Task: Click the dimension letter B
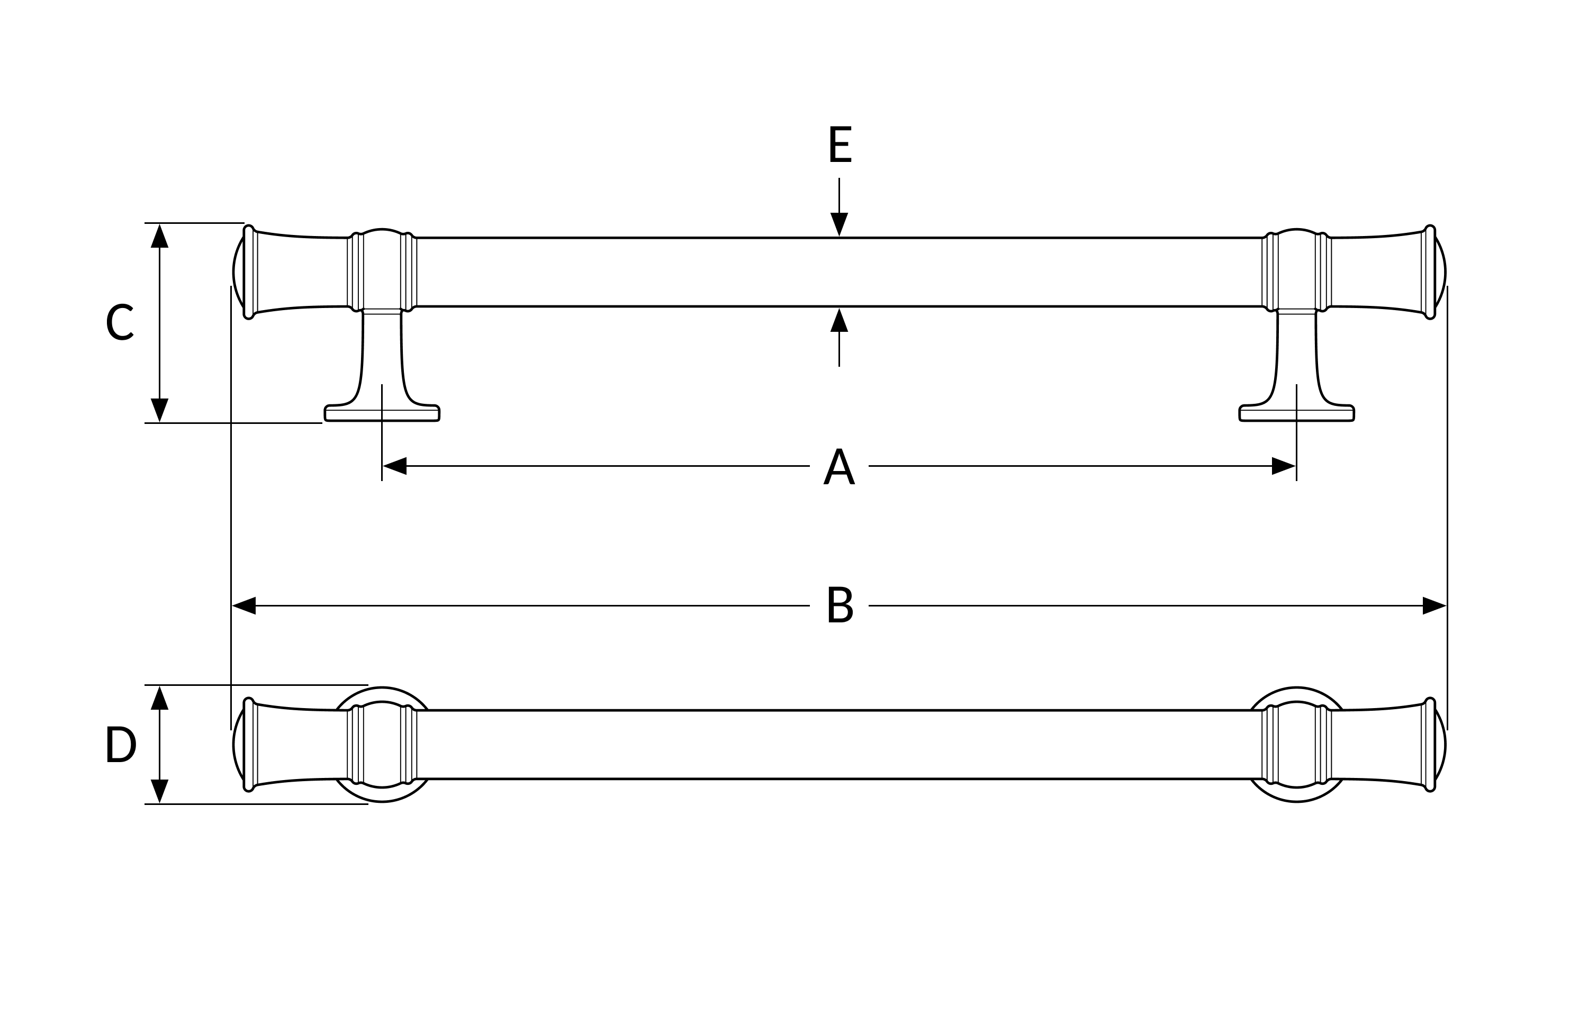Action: click(840, 604)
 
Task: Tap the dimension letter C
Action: click(120, 322)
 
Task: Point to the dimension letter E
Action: click(840, 143)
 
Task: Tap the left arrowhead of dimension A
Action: click(394, 466)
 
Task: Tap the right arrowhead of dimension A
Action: click(1284, 466)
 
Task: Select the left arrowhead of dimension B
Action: click(243, 606)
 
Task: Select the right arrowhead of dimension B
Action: click(1434, 606)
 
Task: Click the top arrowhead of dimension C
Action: click(159, 236)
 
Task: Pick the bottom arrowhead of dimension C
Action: click(159, 410)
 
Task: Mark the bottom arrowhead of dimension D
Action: click(159, 791)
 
